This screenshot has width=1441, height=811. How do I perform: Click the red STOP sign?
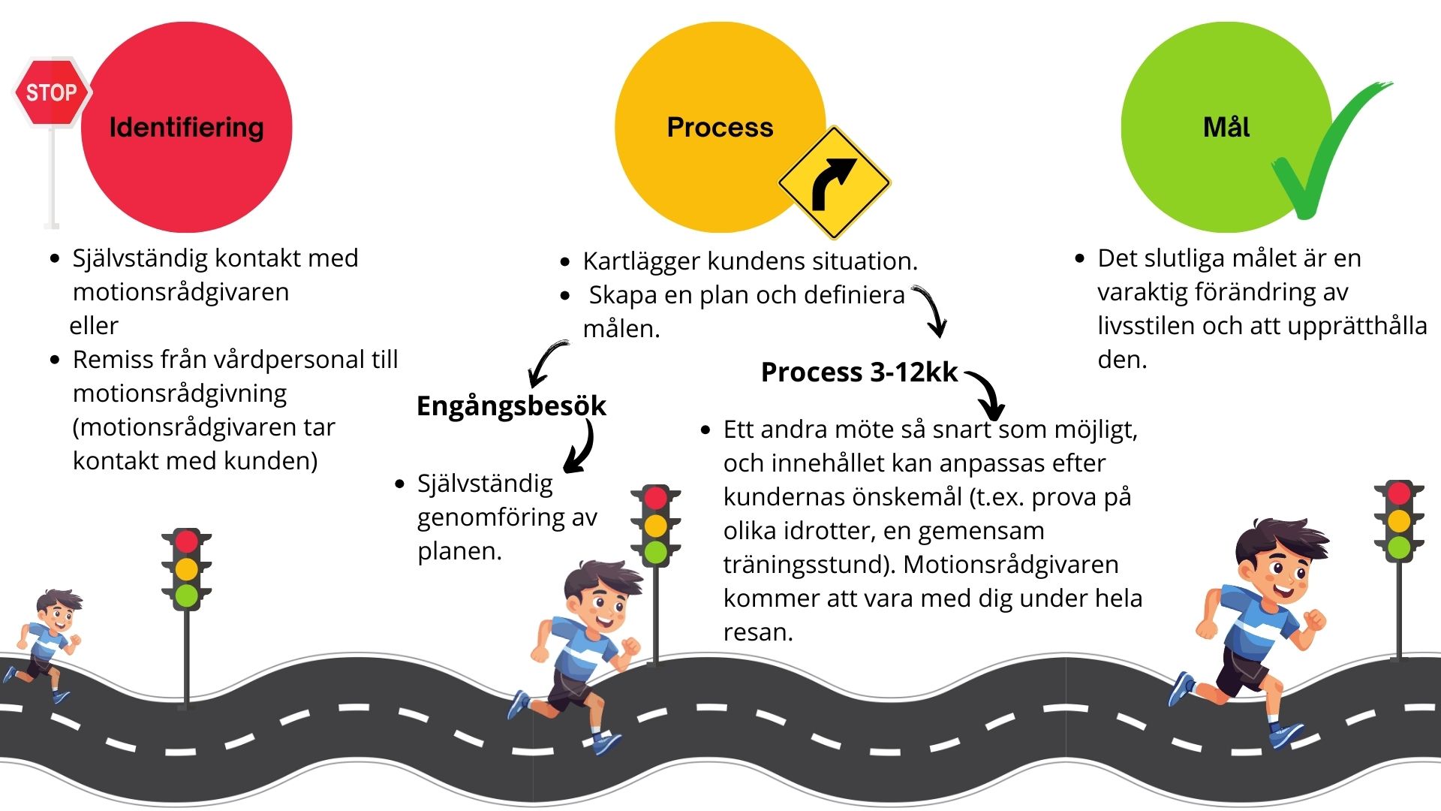point(52,92)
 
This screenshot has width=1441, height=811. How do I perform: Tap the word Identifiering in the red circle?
point(186,128)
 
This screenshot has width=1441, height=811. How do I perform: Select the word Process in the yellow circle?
point(720,127)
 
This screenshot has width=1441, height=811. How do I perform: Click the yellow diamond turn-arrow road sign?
point(834,182)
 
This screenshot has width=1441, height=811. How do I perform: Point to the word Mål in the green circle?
point(1226,126)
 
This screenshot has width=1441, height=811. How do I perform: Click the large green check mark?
point(1329,150)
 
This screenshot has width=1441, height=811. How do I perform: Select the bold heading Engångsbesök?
point(511,406)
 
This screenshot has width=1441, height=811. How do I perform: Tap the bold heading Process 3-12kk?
point(859,372)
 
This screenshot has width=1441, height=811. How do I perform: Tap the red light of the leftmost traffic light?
point(186,541)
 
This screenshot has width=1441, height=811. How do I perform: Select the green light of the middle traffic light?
point(655,552)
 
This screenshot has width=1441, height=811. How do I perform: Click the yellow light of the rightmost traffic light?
point(1398,520)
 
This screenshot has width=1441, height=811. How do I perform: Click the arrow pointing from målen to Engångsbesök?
point(546,363)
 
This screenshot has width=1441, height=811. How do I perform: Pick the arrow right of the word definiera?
point(930,311)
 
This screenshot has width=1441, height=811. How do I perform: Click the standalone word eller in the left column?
point(94,326)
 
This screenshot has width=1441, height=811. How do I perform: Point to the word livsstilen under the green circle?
point(1146,326)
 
